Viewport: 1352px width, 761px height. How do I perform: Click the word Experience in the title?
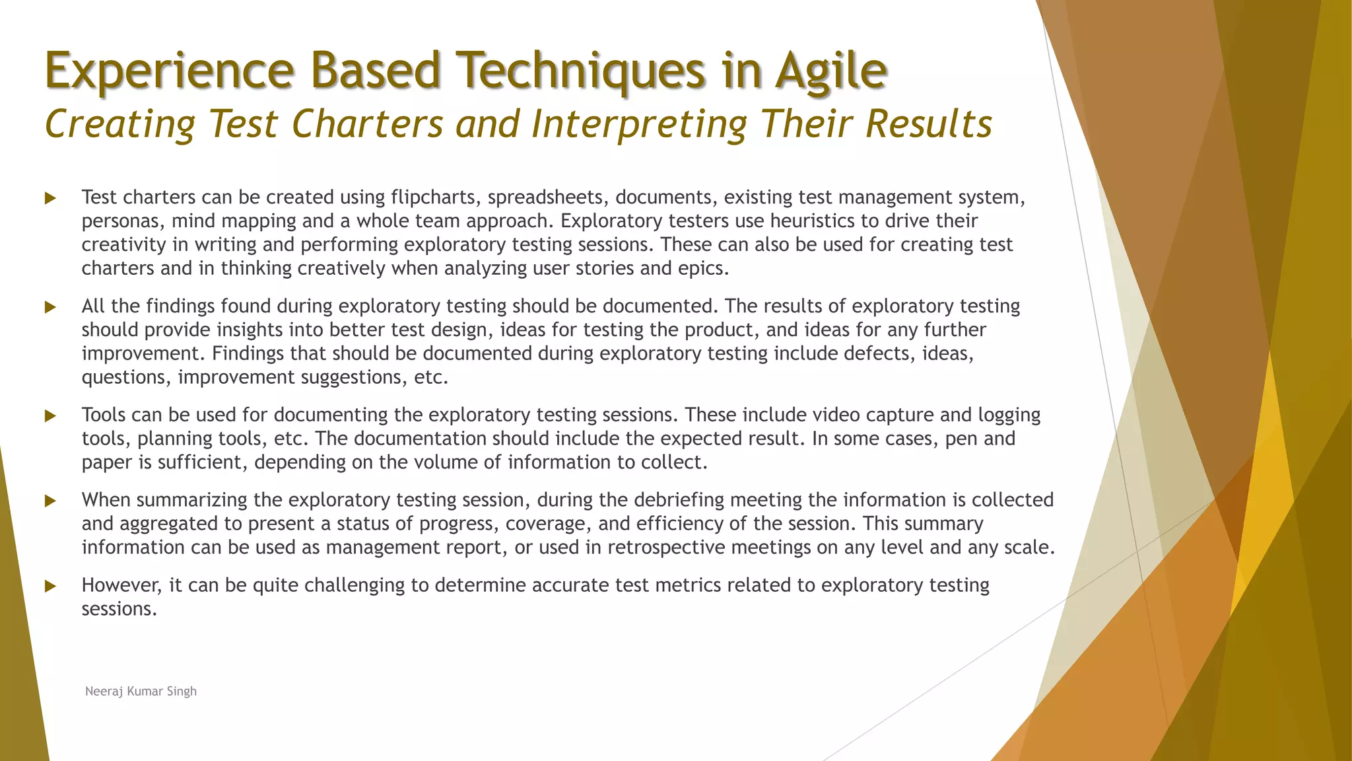169,71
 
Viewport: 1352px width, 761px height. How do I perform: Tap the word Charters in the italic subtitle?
366,124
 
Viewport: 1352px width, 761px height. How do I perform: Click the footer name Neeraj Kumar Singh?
141,691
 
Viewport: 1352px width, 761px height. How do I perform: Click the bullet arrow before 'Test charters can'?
50,198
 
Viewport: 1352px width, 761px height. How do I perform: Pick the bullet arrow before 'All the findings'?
50,307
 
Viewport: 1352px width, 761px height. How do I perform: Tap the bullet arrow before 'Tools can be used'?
50,416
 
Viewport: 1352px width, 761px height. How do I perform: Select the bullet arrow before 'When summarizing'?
50,501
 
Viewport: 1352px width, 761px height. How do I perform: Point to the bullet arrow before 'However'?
50,586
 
